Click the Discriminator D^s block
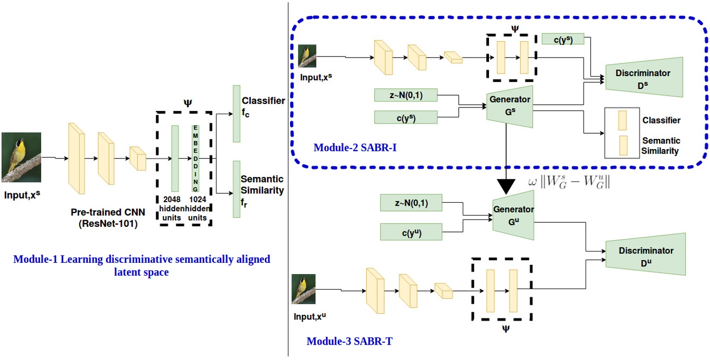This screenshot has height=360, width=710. click(644, 77)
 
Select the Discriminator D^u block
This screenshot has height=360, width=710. click(645, 255)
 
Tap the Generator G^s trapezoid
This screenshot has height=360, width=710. click(509, 106)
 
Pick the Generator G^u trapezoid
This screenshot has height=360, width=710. click(513, 215)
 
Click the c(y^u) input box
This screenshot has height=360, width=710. click(411, 232)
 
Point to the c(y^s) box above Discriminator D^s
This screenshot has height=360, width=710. click(563, 39)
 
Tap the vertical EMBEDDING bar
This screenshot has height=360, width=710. click(195, 158)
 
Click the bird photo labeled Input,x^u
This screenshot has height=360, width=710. click(304, 289)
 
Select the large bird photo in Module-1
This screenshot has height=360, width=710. click(21, 157)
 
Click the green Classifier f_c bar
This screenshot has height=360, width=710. click(236, 114)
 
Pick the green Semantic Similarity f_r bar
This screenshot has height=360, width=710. click(236, 189)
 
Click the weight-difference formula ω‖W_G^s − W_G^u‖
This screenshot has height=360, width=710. click(569, 182)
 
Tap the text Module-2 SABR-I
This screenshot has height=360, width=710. click(355, 148)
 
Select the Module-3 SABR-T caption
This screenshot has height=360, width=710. click(350, 341)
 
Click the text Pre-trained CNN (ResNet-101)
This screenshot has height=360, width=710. click(108, 218)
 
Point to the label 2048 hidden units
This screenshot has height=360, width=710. click(172, 208)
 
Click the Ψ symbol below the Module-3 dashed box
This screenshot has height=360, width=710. click(506, 329)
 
